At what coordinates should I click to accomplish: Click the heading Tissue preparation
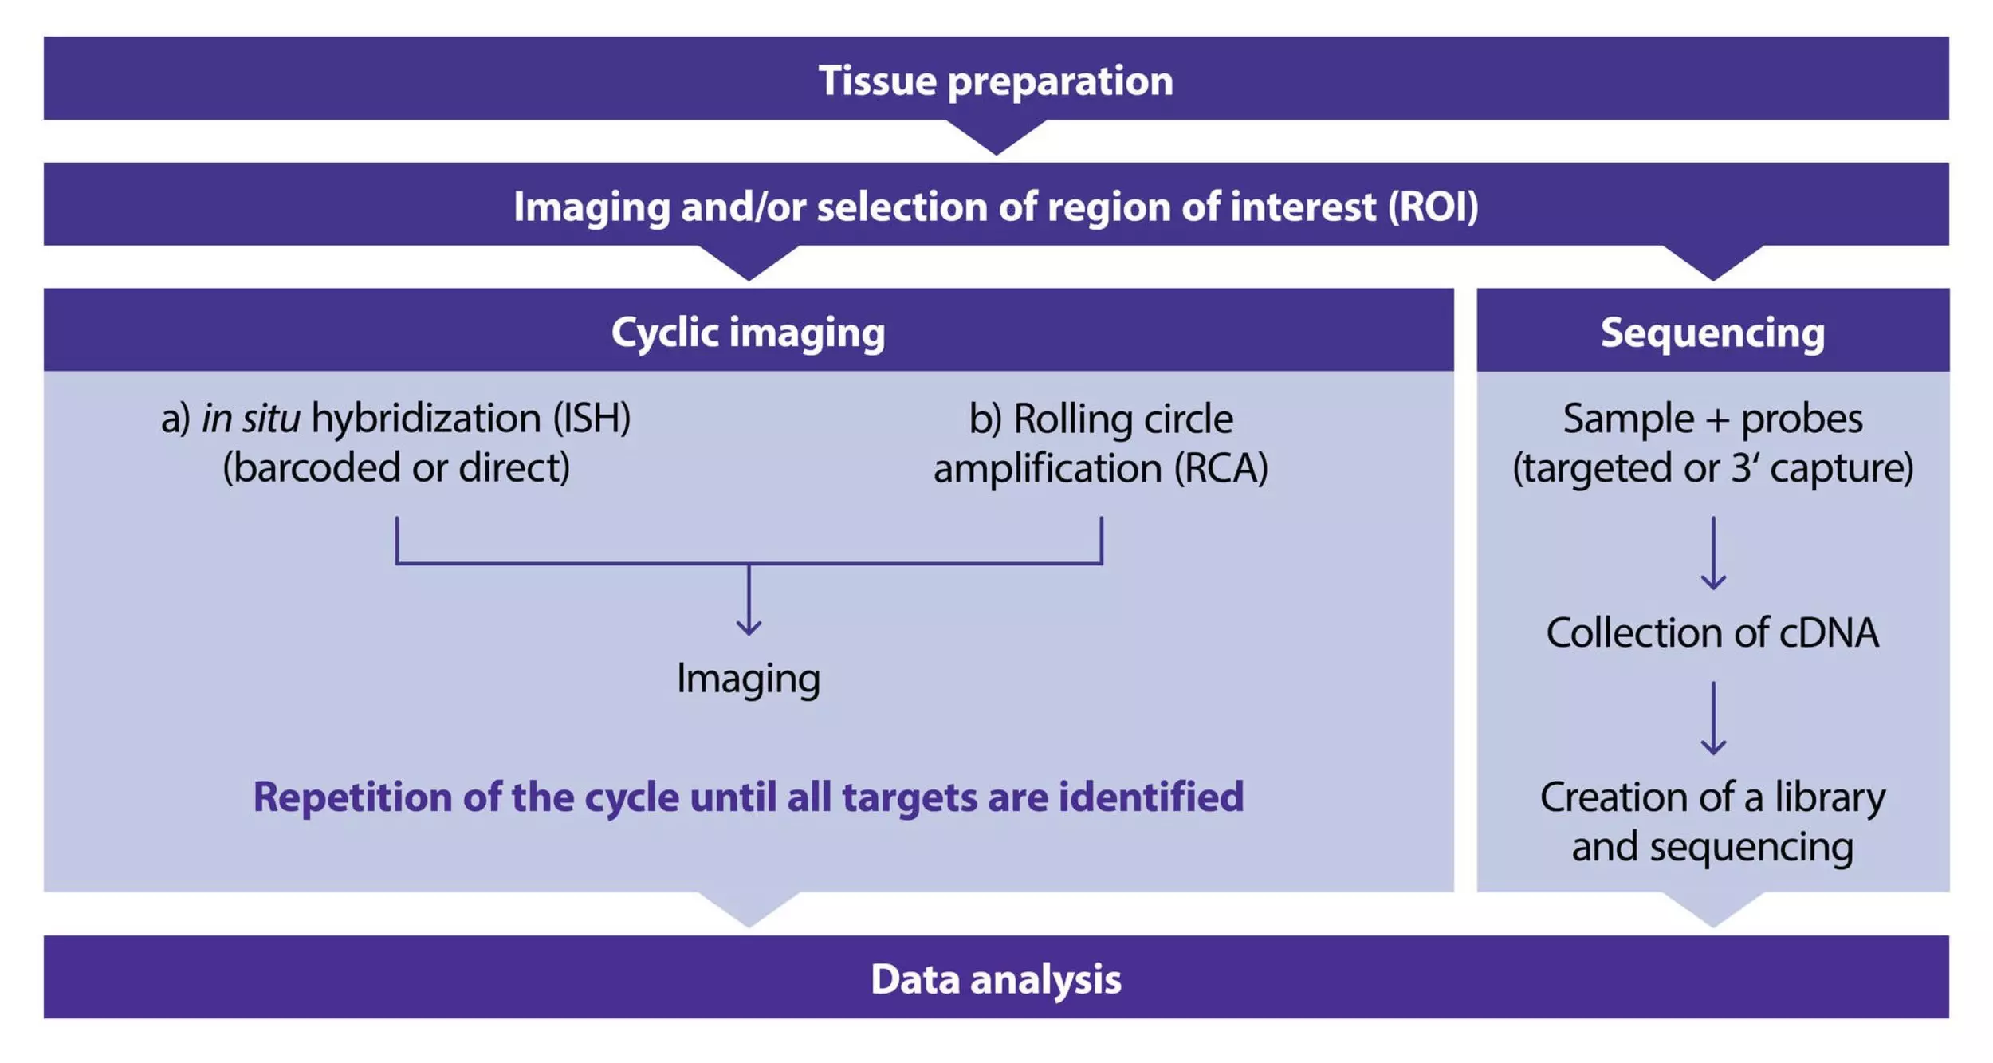(996, 81)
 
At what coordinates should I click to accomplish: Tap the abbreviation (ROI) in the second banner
(1433, 207)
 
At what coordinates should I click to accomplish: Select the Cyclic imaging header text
(748, 333)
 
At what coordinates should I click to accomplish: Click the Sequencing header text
(1712, 333)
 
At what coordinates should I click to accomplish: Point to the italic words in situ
(250, 419)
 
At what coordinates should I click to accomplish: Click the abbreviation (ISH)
(592, 419)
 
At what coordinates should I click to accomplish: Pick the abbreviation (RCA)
(1221, 468)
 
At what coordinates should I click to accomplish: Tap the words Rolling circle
(1123, 419)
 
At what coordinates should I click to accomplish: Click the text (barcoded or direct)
(396, 468)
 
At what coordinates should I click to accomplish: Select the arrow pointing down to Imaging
(748, 600)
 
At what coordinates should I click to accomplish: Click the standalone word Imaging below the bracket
(748, 679)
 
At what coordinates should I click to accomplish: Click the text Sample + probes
(1712, 419)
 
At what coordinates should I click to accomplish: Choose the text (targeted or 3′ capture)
(1712, 468)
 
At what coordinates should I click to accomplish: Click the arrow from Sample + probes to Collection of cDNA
(1713, 553)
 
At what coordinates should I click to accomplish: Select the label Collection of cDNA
(1712, 633)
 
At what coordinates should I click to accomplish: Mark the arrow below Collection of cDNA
(1713, 718)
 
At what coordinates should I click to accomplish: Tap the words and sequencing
(1712, 847)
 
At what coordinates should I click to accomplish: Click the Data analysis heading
(996, 979)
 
